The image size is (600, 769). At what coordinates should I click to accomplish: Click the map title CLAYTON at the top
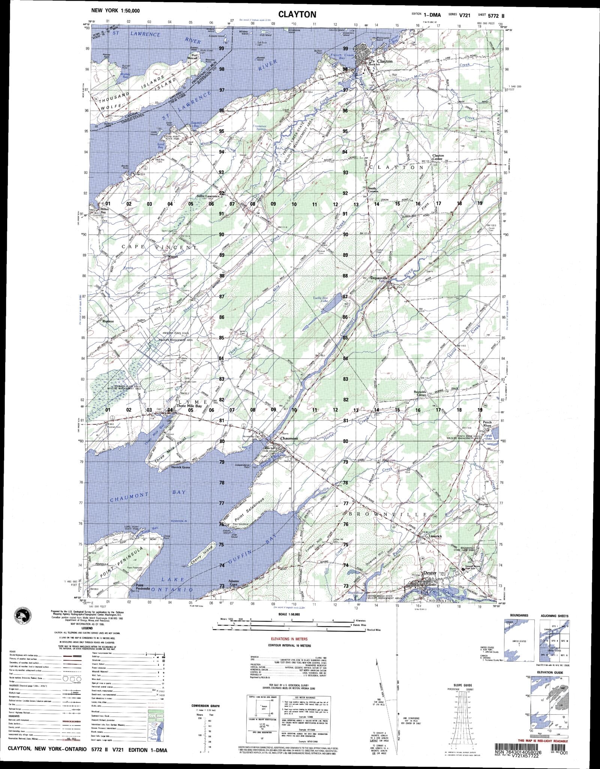pos(297,14)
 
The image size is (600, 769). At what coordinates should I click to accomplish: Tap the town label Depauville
pos(379,278)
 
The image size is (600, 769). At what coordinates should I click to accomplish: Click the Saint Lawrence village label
pos(208,196)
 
